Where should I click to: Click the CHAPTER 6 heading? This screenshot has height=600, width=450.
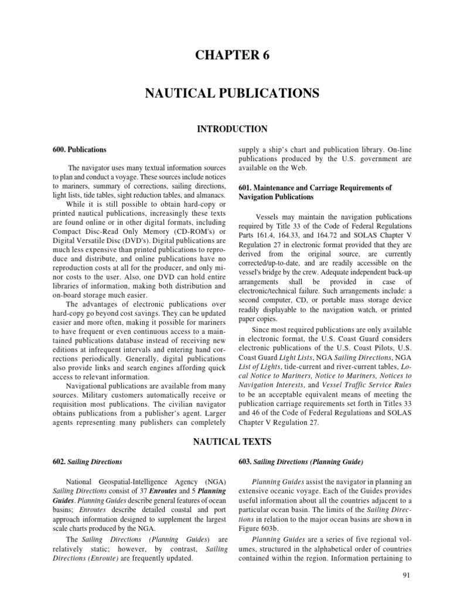[x=224, y=56]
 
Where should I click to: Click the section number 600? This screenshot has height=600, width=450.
[x=59, y=150]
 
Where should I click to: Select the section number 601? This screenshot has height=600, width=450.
[x=246, y=187]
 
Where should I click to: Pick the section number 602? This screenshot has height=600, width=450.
[x=59, y=462]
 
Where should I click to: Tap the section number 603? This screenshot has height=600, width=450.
[x=246, y=462]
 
